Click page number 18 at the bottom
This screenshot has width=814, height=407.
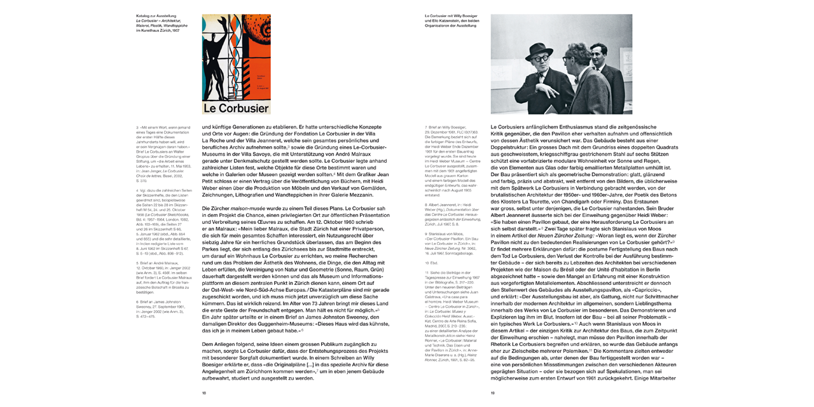coord(204,393)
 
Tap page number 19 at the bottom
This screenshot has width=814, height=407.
coord(492,393)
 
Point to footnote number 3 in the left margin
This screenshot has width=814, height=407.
coord(137,127)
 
